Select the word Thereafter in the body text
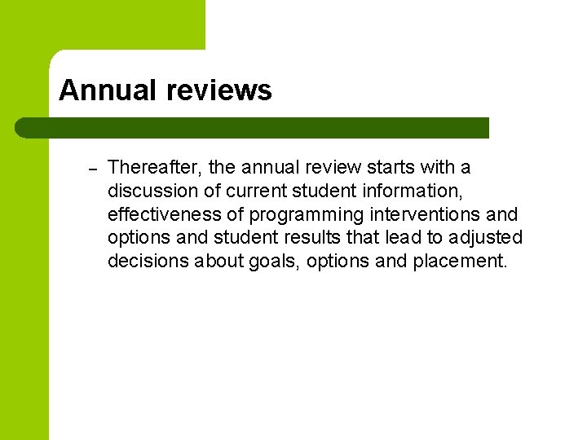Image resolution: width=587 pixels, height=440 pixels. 154,168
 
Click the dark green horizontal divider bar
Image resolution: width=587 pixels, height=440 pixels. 253,128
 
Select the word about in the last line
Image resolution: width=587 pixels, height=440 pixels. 215,262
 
